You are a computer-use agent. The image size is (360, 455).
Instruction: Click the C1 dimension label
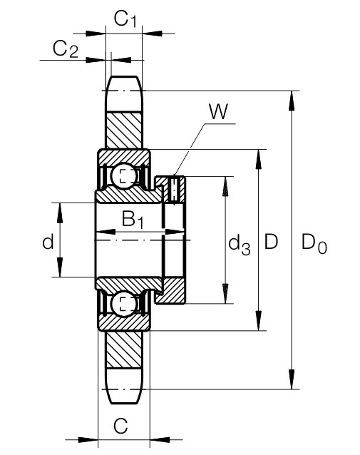point(125,19)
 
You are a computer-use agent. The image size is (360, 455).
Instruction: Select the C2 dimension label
point(66,49)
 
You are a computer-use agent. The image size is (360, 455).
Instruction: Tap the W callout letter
point(219,111)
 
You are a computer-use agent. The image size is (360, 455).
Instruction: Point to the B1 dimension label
point(133,220)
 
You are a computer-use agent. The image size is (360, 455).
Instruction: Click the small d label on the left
point(48,242)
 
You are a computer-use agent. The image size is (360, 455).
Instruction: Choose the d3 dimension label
point(240,245)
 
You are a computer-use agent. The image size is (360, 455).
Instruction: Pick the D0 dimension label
point(314,243)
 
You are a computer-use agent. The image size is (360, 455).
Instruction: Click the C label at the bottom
point(120,426)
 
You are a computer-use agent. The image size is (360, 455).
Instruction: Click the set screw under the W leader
point(174,190)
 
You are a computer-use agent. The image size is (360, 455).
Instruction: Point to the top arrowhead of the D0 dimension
point(292,101)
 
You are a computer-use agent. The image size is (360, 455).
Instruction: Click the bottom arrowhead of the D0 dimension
point(292,379)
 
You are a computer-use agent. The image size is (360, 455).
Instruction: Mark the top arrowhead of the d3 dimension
point(225,186)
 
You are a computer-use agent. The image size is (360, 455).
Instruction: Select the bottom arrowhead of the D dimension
point(258,321)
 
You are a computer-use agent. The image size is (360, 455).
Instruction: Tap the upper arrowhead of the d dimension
point(60,213)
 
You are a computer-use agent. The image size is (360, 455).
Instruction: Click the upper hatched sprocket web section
point(124,131)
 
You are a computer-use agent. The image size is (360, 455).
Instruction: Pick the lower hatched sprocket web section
point(124,349)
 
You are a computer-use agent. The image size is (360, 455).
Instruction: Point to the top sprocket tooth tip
point(124,76)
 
